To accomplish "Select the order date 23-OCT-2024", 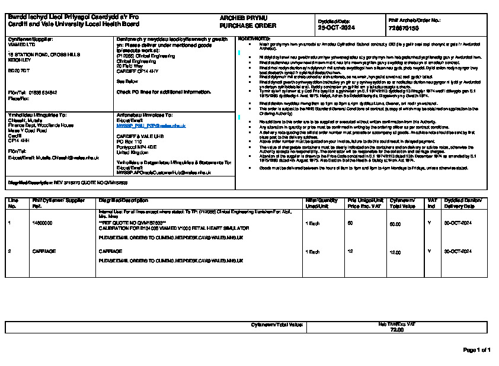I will (334, 28).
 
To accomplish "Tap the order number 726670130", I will (404, 28).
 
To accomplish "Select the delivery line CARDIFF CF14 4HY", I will (137, 70).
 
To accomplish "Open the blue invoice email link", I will (151, 126).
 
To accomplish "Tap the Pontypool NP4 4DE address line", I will (136, 146).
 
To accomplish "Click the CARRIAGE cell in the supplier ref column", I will (44, 251).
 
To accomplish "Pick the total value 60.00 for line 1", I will (395, 224).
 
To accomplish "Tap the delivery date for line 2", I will (458, 251).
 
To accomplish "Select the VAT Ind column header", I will (431, 203).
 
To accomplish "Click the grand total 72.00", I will (396, 330).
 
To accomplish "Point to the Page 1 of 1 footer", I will (476, 350).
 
